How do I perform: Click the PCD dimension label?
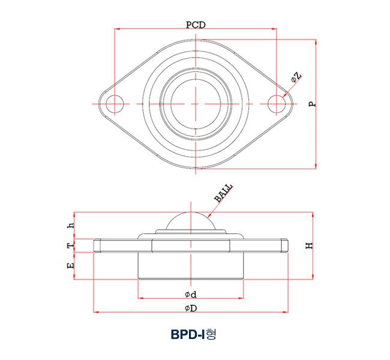pos(195,25)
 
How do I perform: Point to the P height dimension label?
pos(311,104)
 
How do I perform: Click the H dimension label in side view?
pos(309,245)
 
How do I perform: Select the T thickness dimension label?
pos(71,246)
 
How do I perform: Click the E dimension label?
pos(71,265)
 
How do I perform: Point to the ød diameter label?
pos(191,294)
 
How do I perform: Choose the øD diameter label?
pos(191,308)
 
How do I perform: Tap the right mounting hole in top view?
pos(276,104)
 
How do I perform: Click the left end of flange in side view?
pos(98,246)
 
